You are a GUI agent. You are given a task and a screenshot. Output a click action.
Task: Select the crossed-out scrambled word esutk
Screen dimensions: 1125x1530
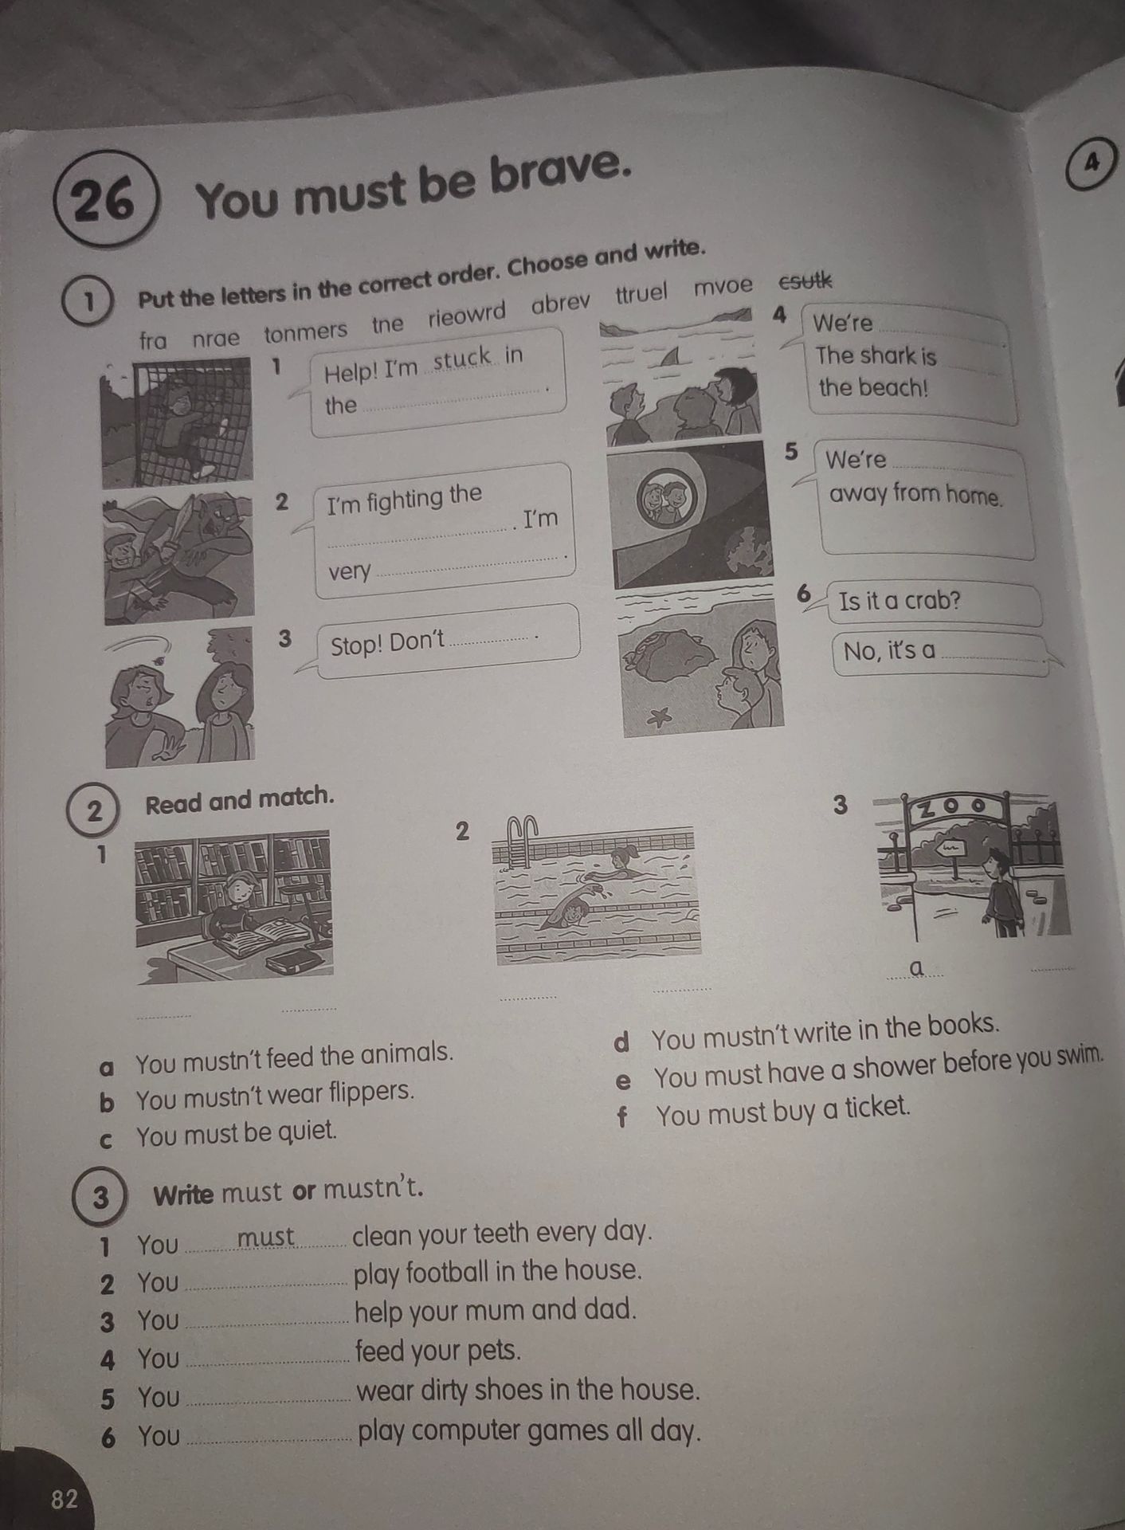coord(804,280)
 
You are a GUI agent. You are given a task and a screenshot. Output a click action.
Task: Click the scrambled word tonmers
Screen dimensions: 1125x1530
coord(306,331)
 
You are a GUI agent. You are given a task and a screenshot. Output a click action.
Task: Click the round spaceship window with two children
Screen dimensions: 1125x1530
coord(664,498)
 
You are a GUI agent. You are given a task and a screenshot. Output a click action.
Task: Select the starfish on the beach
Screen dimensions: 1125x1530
coord(658,717)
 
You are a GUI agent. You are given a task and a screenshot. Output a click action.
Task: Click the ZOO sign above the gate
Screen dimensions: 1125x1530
coord(952,809)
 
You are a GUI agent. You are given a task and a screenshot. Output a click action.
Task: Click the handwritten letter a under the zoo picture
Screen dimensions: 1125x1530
coord(917,967)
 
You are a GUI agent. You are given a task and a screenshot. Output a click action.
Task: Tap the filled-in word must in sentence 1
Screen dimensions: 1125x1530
coord(266,1237)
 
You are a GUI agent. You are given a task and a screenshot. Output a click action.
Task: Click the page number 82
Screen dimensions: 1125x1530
coord(65,1500)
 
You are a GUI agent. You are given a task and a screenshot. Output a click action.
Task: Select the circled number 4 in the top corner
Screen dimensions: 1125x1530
coord(1092,163)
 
